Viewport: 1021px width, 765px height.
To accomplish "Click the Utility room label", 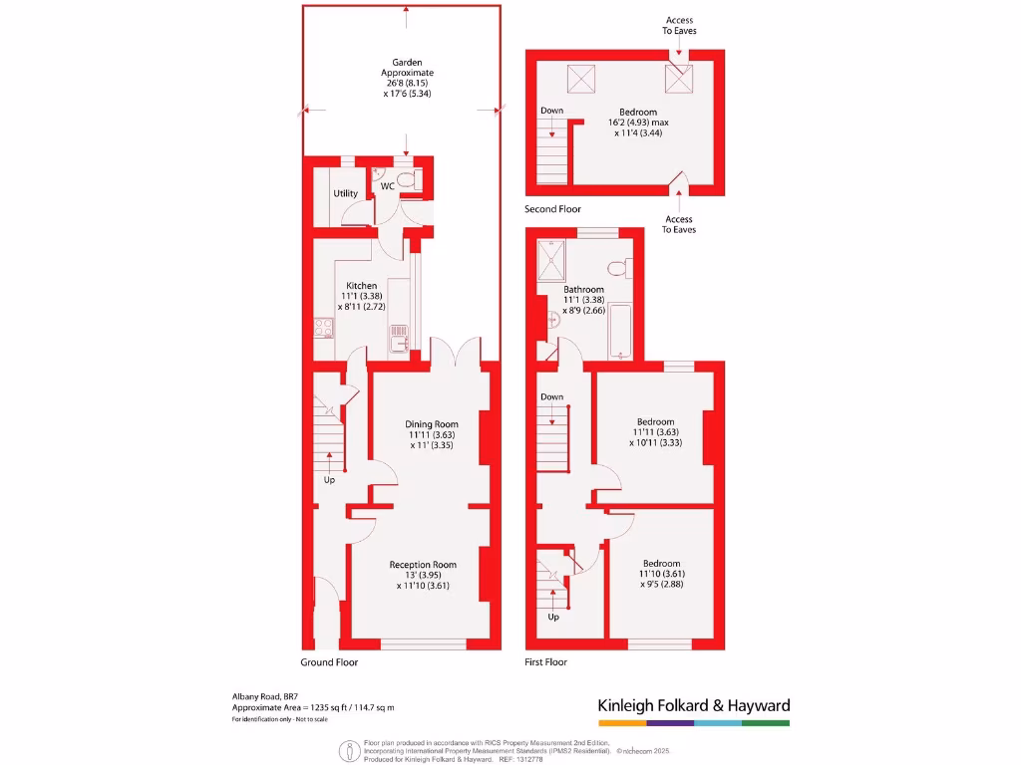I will [x=346, y=193].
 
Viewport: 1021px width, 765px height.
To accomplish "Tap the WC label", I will [x=388, y=186].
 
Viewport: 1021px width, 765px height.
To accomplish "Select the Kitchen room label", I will [x=362, y=286].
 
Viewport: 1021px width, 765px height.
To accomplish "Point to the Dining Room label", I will [x=432, y=424].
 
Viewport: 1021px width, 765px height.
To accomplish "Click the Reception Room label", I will [x=423, y=565].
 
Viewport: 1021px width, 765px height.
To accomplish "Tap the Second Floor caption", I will [x=552, y=209].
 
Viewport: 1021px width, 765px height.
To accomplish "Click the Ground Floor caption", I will [x=329, y=662].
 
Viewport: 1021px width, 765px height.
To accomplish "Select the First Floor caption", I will [x=545, y=662].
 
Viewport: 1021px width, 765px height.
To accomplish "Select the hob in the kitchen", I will [x=324, y=328].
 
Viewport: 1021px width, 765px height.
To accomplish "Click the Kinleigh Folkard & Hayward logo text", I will [x=694, y=705].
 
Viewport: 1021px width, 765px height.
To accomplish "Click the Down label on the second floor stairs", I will [x=552, y=111].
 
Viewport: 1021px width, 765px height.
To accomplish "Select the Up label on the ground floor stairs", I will [x=329, y=480].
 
